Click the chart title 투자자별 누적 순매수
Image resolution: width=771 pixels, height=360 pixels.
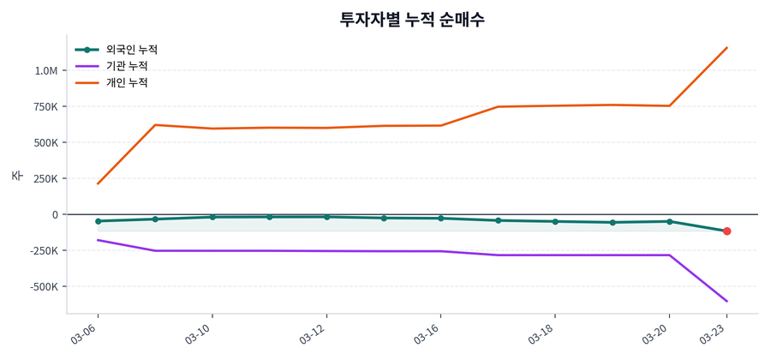(x=412, y=20)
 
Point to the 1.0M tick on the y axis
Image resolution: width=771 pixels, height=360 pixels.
(x=46, y=70)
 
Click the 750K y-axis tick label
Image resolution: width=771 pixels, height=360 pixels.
(x=45, y=106)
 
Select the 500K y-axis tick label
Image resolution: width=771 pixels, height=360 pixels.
(x=45, y=142)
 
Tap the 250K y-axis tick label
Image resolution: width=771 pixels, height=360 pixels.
(x=45, y=178)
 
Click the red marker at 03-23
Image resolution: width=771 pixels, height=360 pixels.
(x=726, y=231)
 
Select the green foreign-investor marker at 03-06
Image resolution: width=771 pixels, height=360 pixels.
(x=98, y=221)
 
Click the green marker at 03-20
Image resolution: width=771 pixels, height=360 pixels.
(x=669, y=221)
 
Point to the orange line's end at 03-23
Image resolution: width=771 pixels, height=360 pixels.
(x=726, y=48)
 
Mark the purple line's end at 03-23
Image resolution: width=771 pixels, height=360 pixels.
(x=726, y=301)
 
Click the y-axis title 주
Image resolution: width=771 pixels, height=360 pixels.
(x=16, y=176)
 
